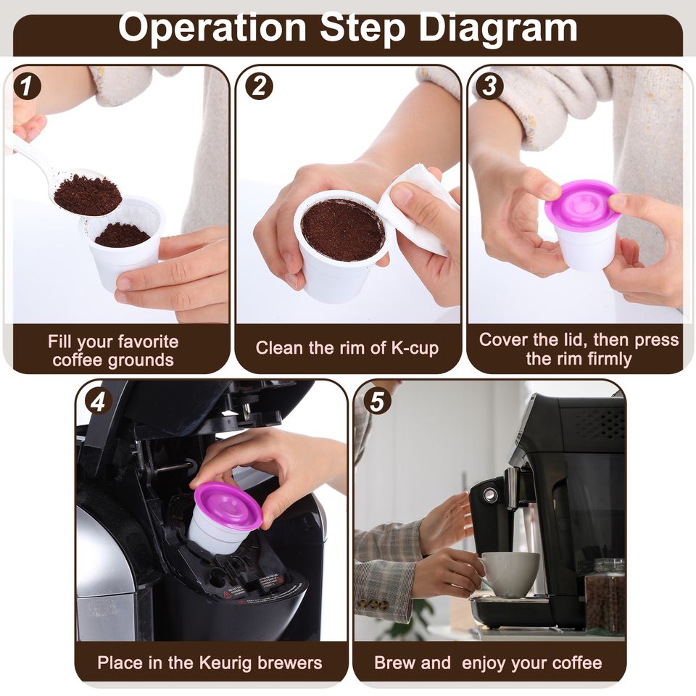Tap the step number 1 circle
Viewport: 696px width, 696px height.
click(x=27, y=86)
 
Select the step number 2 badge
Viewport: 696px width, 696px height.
click(x=260, y=86)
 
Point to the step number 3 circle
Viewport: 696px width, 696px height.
click(x=489, y=86)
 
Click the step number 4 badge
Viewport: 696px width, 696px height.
click(x=98, y=402)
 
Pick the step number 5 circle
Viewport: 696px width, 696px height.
click(x=377, y=402)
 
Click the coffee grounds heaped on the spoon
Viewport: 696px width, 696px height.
click(x=88, y=195)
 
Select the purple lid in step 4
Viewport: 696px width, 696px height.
click(x=228, y=505)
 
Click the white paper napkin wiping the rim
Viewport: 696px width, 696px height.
click(x=418, y=209)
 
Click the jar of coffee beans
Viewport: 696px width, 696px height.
click(x=605, y=596)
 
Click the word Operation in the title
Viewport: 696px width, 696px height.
click(x=212, y=29)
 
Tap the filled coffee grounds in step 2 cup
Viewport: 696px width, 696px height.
click(x=343, y=230)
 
